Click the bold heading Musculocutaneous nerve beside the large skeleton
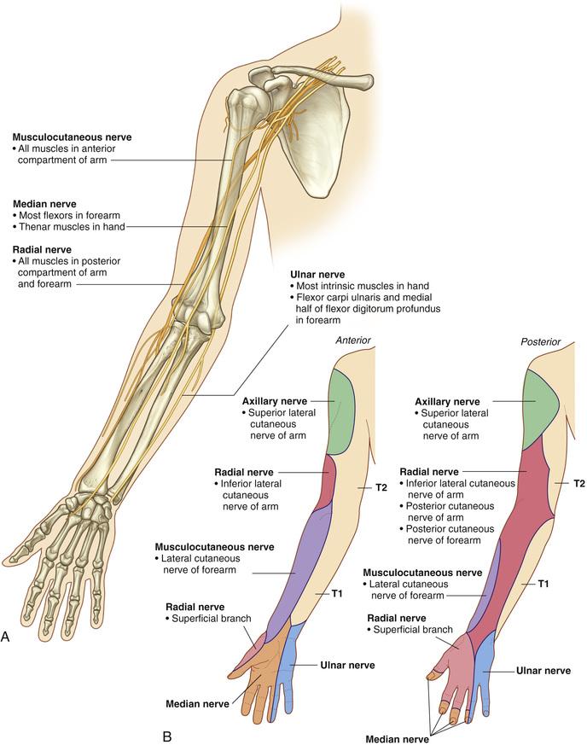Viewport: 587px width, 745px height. click(x=72, y=137)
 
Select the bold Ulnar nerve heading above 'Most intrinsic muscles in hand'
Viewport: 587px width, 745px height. click(x=317, y=275)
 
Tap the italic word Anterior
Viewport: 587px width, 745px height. click(x=353, y=340)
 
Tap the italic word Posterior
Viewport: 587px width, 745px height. click(x=540, y=341)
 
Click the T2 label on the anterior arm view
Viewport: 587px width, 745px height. click(x=381, y=487)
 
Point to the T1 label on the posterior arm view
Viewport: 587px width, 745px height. click(x=543, y=584)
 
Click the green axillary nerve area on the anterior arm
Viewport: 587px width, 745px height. click(x=341, y=412)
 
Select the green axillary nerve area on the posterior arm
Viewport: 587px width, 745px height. click(x=540, y=409)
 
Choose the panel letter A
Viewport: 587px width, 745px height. click(x=5, y=637)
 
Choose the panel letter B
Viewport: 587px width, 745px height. click(x=166, y=736)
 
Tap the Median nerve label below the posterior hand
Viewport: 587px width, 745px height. click(x=397, y=739)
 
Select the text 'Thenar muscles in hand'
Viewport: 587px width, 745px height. click(x=72, y=227)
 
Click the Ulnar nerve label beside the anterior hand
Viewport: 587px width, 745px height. click(x=347, y=665)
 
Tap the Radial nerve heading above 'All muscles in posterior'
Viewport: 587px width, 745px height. click(x=42, y=250)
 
